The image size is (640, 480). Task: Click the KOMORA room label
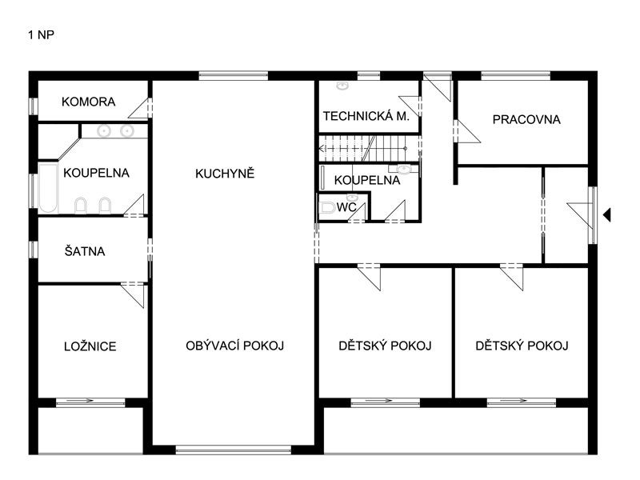[x=88, y=102]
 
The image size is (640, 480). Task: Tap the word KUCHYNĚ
[x=225, y=173]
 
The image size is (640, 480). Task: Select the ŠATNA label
[x=85, y=251]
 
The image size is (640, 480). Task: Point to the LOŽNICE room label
[x=90, y=346]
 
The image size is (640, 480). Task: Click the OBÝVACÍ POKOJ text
[x=235, y=346]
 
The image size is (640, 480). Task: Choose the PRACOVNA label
[x=526, y=120]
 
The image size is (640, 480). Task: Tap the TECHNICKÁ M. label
[x=366, y=116]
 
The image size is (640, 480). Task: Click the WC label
[x=346, y=206]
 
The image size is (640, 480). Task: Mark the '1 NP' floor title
[x=42, y=35]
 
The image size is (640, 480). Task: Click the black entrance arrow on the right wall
[x=607, y=214]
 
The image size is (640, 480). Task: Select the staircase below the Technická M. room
[x=368, y=148]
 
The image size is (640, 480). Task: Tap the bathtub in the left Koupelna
[x=49, y=188]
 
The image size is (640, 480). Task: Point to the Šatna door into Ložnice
[x=133, y=294]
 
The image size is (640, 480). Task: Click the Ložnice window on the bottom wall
[x=90, y=402]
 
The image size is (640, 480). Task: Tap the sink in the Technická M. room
[x=342, y=84]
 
